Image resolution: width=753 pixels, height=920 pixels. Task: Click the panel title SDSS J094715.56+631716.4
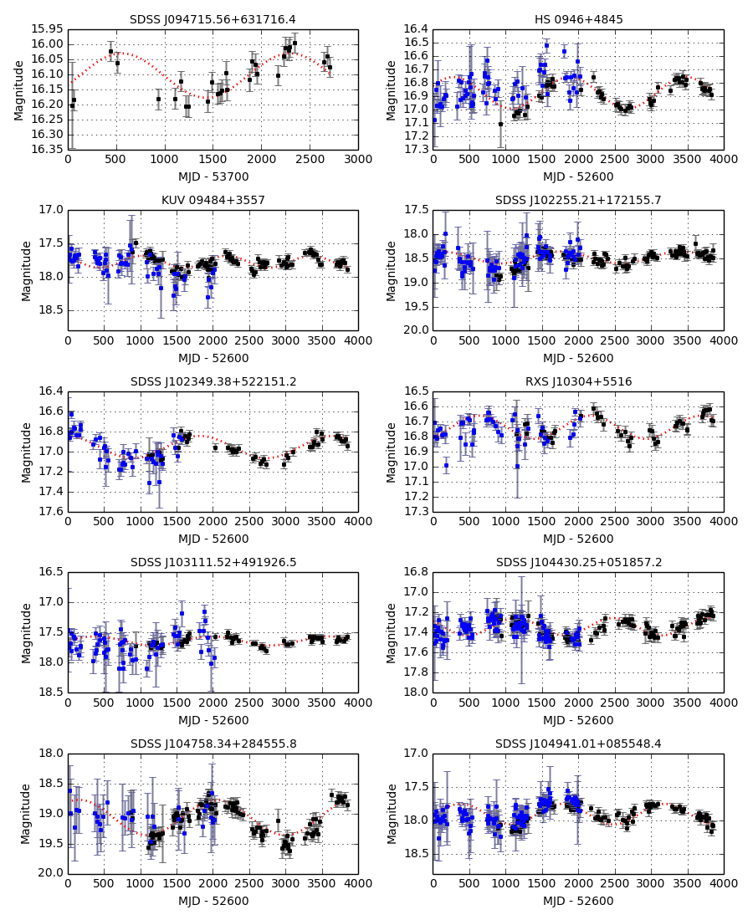213,19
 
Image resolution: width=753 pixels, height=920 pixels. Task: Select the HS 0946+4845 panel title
578,19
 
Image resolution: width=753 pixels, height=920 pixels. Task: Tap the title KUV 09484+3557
213,200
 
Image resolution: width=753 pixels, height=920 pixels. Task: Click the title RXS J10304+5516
578,381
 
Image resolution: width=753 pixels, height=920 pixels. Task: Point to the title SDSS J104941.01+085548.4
578,744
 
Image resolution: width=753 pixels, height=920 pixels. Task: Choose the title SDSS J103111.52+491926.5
213,562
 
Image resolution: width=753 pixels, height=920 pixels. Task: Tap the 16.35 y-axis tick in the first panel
48,149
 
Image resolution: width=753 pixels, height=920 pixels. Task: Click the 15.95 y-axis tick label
48,29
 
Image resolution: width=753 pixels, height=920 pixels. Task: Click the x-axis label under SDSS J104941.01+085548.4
578,901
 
